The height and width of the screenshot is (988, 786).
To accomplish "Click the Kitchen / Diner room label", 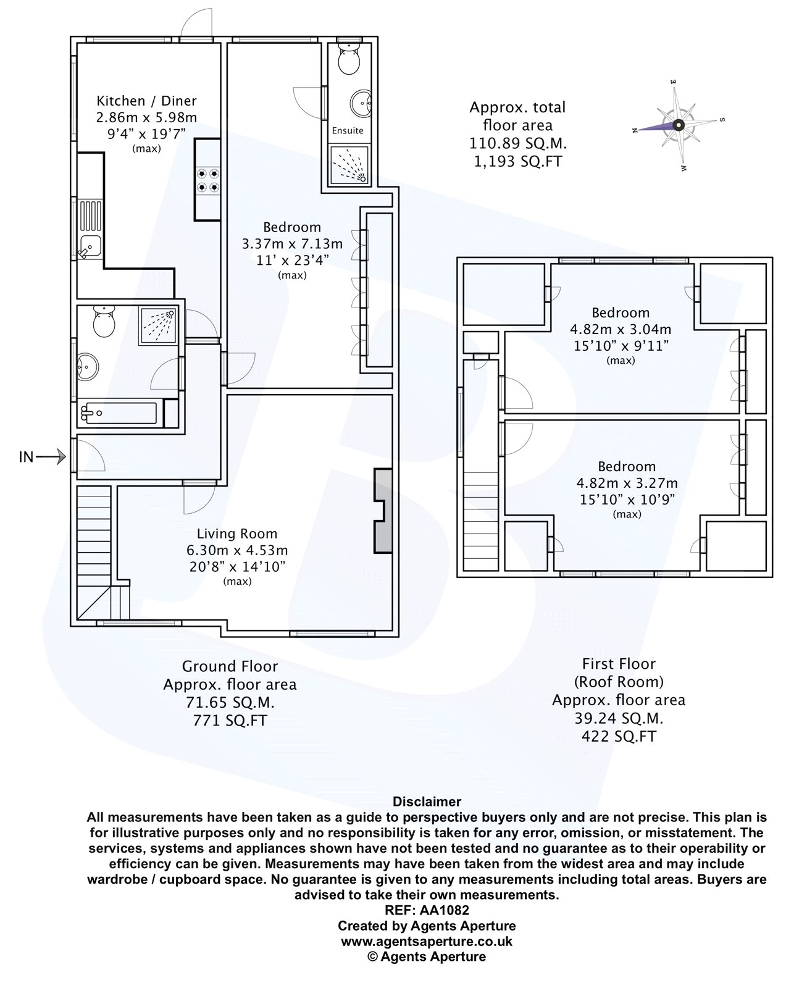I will (x=146, y=101).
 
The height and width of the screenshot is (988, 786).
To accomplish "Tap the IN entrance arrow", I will (x=43, y=458).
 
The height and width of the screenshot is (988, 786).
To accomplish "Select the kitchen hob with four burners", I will (x=208, y=180).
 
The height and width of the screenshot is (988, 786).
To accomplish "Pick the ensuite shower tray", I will (x=349, y=165).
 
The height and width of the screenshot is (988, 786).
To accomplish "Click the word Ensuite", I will (x=348, y=130).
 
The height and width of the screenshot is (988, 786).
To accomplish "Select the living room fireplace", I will (x=383, y=510).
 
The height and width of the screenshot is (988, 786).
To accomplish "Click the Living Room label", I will (x=237, y=534).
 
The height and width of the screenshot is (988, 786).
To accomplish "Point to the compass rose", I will (x=677, y=125).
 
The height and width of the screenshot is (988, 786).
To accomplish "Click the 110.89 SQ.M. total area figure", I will (x=517, y=143).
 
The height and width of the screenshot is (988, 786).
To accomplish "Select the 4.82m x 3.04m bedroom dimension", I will (x=621, y=329).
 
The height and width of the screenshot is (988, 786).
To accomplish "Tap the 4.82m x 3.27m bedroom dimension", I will (x=627, y=483).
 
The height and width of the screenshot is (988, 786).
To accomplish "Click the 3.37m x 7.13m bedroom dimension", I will (x=292, y=244).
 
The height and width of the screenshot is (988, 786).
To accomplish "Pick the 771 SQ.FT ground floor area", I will (x=229, y=720).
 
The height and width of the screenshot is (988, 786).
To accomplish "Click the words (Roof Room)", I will (x=619, y=682).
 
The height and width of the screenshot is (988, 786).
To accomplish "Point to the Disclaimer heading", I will (x=427, y=802).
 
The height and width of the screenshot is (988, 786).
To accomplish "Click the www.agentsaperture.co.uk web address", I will (x=427, y=941).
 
